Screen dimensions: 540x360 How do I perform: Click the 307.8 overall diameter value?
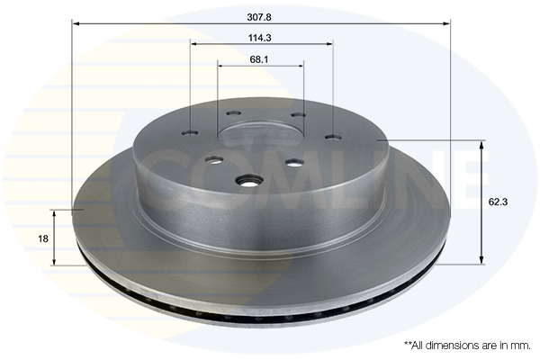[259, 17]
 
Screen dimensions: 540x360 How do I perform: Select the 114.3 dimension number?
[260, 38]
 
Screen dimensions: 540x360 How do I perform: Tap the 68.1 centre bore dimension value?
[259, 59]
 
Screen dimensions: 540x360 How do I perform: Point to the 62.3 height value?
[498, 202]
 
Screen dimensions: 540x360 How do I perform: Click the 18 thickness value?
[43, 238]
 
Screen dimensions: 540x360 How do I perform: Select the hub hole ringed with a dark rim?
[247, 181]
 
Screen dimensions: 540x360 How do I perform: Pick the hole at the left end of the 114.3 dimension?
[190, 132]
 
